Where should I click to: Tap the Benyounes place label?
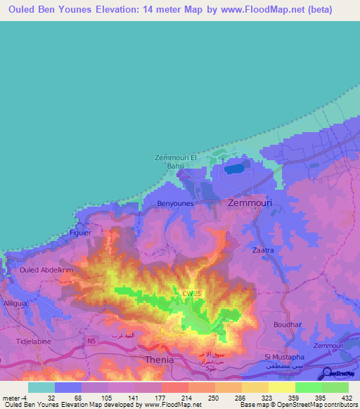(x=174, y=203)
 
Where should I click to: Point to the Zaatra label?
(x=262, y=250)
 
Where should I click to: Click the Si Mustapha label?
(x=282, y=357)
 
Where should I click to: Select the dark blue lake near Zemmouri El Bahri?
(x=231, y=169)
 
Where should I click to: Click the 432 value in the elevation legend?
(x=347, y=398)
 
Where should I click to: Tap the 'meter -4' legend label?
(x=15, y=398)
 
